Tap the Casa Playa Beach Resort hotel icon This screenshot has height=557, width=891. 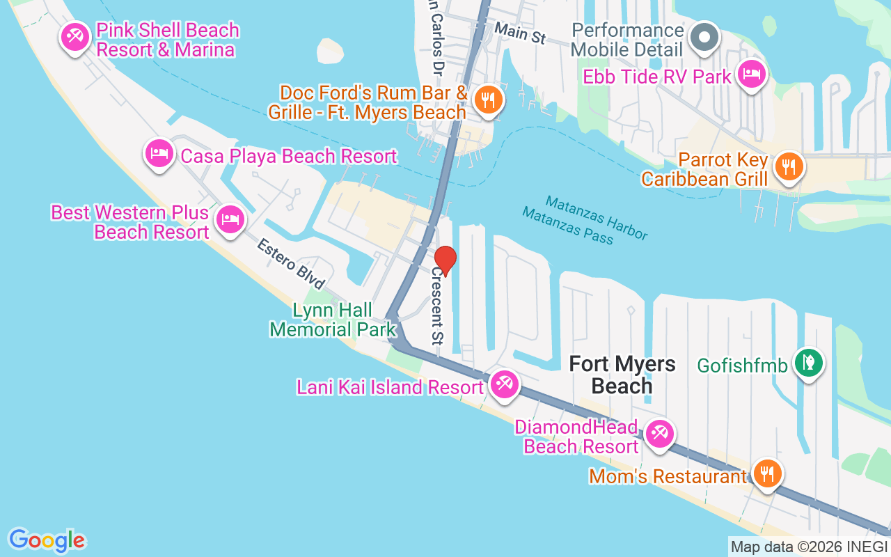pyautogui.click(x=159, y=152)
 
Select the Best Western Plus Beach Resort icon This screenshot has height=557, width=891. pyautogui.click(x=229, y=219)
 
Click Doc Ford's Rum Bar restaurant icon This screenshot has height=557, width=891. pyautogui.click(x=488, y=99)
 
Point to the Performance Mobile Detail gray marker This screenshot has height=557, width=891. pyautogui.click(x=704, y=37)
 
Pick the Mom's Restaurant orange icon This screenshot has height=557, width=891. pyautogui.click(x=766, y=474)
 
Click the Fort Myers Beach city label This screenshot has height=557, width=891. pyautogui.click(x=622, y=375)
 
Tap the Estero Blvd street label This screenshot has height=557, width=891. pyautogui.click(x=291, y=265)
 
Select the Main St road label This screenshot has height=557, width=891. pyautogui.click(x=520, y=33)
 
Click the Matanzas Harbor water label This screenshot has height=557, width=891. pyautogui.click(x=597, y=217)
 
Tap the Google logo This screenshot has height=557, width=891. pyautogui.click(x=47, y=540)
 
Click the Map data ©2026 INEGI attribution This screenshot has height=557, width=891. pyautogui.click(x=809, y=547)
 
